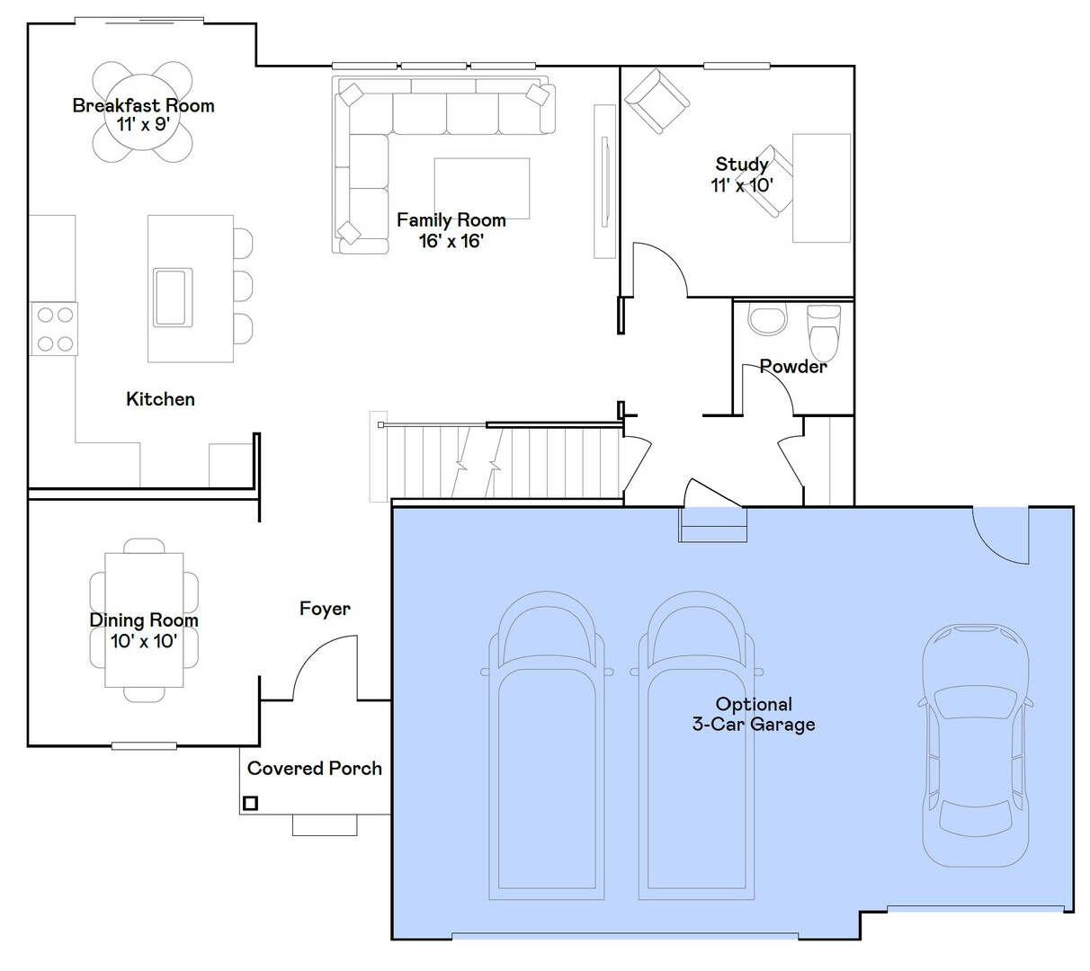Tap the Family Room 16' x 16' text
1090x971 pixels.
[x=451, y=230]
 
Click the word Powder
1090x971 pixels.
[x=793, y=366]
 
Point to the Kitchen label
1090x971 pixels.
[x=160, y=399]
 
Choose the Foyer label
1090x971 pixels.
[x=325, y=609]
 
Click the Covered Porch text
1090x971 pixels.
[x=315, y=768]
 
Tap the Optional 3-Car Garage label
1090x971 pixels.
[x=754, y=714]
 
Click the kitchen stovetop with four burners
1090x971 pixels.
[x=54, y=329]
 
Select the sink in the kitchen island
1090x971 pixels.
[x=173, y=298]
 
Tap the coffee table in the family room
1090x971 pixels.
[x=481, y=188]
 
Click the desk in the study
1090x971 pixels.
[x=821, y=188]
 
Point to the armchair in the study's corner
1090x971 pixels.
[x=657, y=101]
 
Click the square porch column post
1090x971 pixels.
[x=250, y=803]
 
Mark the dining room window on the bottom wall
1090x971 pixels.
[x=144, y=746]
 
